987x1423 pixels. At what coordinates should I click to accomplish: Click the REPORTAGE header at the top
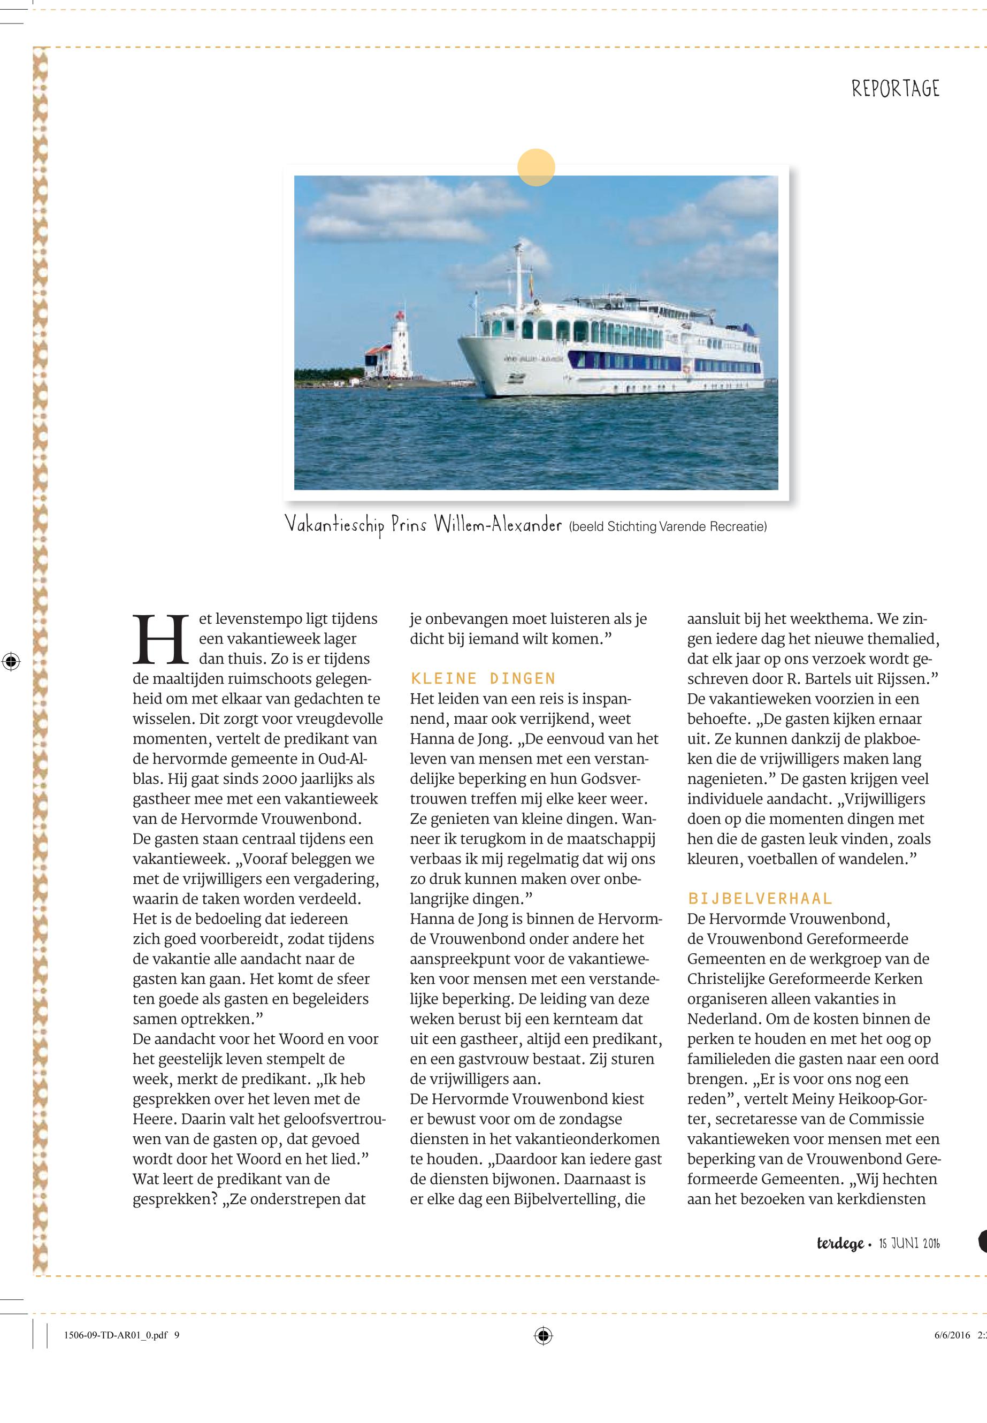pyautogui.click(x=895, y=89)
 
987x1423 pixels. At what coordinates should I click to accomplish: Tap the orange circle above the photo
pyautogui.click(x=536, y=167)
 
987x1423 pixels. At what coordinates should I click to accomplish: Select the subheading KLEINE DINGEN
pyautogui.click(x=483, y=678)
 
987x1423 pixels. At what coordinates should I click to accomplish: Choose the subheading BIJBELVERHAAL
pyautogui.click(x=760, y=899)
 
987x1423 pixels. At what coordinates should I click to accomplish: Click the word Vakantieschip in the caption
pyautogui.click(x=333, y=525)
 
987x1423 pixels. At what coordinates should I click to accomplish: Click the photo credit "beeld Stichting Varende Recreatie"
pyautogui.click(x=667, y=527)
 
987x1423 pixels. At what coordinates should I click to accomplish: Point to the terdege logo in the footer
pyautogui.click(x=840, y=1243)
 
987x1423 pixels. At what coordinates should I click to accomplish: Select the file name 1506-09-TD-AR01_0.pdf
pyautogui.click(x=115, y=1335)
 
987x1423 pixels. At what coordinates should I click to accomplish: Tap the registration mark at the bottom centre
pyautogui.click(x=543, y=1335)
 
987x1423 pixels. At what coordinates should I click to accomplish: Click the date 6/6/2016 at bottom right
pyautogui.click(x=952, y=1335)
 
